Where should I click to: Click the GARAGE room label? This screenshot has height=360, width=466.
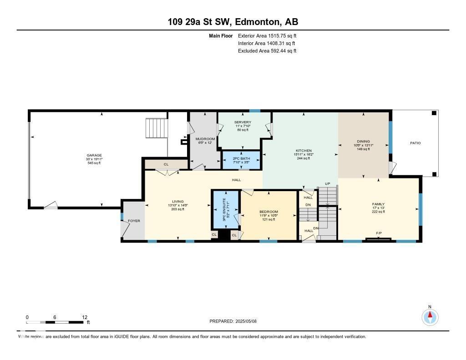coord(94,155)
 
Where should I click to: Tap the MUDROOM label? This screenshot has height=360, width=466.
coord(205,139)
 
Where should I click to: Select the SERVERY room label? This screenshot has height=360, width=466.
coord(243,122)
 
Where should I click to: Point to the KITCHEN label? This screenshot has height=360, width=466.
coord(304,150)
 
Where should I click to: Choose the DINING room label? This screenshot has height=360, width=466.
coord(363,142)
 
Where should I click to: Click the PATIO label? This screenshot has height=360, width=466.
coord(415,143)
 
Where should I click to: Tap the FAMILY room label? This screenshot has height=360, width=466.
coord(378,204)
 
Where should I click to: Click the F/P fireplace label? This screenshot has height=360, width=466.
coord(379,233)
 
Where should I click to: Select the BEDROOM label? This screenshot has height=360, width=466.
coord(268,212)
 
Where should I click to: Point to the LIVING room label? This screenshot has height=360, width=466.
coord(177,202)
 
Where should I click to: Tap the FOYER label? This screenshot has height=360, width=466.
coord(134,221)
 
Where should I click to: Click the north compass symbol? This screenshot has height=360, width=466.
coord(430,316)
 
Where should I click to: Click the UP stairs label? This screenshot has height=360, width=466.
coord(327,183)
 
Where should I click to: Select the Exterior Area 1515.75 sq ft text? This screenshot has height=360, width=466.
coord(267,35)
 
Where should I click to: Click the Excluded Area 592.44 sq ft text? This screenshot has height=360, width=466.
coord(267,51)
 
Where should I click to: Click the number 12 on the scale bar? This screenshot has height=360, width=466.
coord(84,317)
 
